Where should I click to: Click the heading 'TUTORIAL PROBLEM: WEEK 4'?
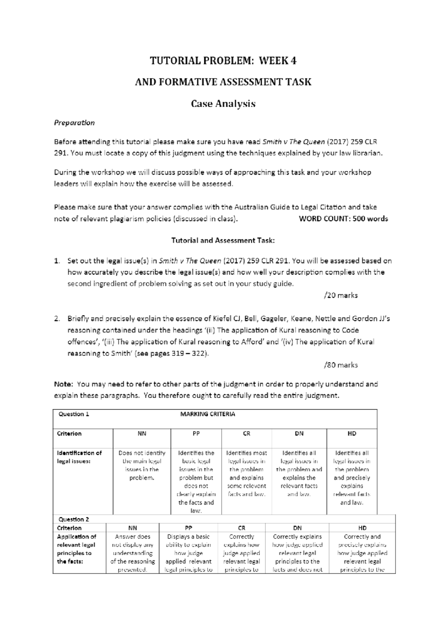coord(223,60)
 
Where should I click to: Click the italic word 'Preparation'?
coord(74,123)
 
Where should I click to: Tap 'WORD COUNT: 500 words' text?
coord(343,219)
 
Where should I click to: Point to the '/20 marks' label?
coord(341,295)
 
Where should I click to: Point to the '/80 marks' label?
coord(341,365)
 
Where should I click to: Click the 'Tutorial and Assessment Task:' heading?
coord(223,240)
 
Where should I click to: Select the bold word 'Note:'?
coord(64,384)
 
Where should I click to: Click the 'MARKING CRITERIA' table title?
coord(207,414)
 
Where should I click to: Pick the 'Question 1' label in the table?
coord(74,414)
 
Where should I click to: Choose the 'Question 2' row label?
coord(74,519)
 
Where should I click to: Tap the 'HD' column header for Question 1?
coord(352,433)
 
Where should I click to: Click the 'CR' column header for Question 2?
coord(242,528)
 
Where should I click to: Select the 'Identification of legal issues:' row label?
coord(79,457)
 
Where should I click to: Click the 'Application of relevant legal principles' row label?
coord(76,549)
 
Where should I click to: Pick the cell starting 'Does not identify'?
coord(142,465)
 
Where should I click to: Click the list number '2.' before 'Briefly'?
coord(57,318)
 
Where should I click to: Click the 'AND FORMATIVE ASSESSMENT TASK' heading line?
coord(223,82)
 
